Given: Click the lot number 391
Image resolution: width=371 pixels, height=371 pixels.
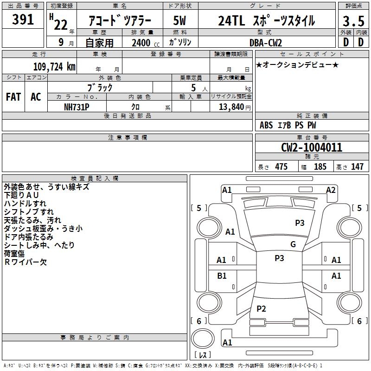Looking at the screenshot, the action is pos(23,19).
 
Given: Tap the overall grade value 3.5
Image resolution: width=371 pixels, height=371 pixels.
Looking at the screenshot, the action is pos(353,21).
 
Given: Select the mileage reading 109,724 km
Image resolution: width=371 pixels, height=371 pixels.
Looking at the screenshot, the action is pos(54,66).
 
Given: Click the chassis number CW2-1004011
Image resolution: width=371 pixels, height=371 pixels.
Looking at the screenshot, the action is pos(312,147).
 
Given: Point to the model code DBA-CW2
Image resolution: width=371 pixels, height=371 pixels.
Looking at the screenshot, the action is pos(266,43).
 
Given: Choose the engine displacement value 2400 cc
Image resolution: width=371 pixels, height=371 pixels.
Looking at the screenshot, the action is pos(146,43).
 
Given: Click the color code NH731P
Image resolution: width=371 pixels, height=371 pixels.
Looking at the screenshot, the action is pos(77,107).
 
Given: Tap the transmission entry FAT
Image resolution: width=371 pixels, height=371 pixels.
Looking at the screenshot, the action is pos(13,97).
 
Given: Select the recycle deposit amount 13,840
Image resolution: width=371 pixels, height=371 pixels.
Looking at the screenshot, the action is pos(231,107).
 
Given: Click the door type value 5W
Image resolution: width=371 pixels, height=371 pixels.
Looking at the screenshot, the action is pos(179,20).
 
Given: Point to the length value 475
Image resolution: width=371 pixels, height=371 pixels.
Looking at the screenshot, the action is pos(281,166).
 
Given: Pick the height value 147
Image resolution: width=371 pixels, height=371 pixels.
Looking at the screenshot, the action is pos(357,166).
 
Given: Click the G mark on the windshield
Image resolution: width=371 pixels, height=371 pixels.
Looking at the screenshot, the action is pos(293,244).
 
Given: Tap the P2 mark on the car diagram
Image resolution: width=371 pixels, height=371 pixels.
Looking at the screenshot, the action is pos(261,308).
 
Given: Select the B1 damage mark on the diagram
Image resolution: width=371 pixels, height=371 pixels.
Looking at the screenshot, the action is pos(222,275).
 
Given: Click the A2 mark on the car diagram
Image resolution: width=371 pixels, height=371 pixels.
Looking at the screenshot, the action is pos(331,190).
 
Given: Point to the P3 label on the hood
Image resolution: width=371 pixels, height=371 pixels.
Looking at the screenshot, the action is pos(300,223).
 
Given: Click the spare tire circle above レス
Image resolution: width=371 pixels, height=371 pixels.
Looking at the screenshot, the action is pos(203,339).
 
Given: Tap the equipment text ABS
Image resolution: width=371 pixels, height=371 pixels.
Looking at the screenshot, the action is pos(266,125).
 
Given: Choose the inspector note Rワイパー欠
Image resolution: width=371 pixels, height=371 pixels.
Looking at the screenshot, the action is pos(26,262).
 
